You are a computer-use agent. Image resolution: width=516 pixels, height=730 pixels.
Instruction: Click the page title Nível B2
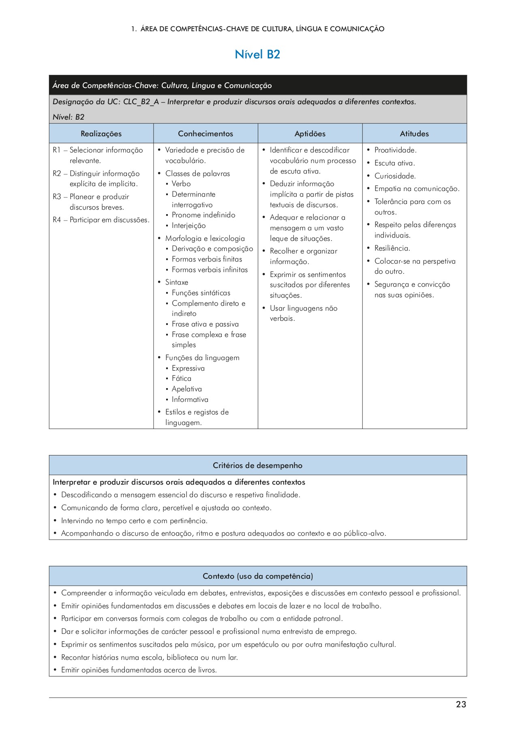pos(257,54)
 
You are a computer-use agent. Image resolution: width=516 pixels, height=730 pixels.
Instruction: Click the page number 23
pos(461,704)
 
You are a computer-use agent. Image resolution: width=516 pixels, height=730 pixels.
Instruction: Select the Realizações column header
pos(101,134)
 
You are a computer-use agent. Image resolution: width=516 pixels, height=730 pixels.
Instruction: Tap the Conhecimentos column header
pos(206,134)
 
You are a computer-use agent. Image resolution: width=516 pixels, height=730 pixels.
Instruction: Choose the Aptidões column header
pos(310,134)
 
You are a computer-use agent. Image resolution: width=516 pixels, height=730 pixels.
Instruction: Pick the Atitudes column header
pos(414,134)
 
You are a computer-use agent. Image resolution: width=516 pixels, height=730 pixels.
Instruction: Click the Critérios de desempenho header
pos(258,466)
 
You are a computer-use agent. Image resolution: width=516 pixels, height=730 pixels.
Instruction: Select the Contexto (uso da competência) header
pos(258,576)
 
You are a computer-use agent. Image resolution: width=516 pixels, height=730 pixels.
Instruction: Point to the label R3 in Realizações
pos(57,197)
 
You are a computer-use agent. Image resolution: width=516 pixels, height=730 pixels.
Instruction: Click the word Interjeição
pos(188,226)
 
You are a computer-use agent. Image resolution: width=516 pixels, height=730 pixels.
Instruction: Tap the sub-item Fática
pos(181,378)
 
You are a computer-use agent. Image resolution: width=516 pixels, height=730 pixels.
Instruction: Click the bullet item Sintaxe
pos(176,282)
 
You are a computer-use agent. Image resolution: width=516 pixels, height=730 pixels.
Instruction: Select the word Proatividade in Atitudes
pos(395,150)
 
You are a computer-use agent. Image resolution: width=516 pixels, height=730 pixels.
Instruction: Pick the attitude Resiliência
pos(392,248)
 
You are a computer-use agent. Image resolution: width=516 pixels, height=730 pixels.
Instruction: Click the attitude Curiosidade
pos(395,176)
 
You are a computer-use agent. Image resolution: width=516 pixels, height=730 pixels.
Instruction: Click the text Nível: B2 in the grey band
pos(69,117)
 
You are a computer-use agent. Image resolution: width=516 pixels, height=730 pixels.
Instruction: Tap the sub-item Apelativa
pos(186,389)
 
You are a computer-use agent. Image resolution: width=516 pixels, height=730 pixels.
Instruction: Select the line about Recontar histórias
pos(149,657)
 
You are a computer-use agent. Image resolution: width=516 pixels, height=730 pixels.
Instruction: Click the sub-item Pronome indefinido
pos(203,215)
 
